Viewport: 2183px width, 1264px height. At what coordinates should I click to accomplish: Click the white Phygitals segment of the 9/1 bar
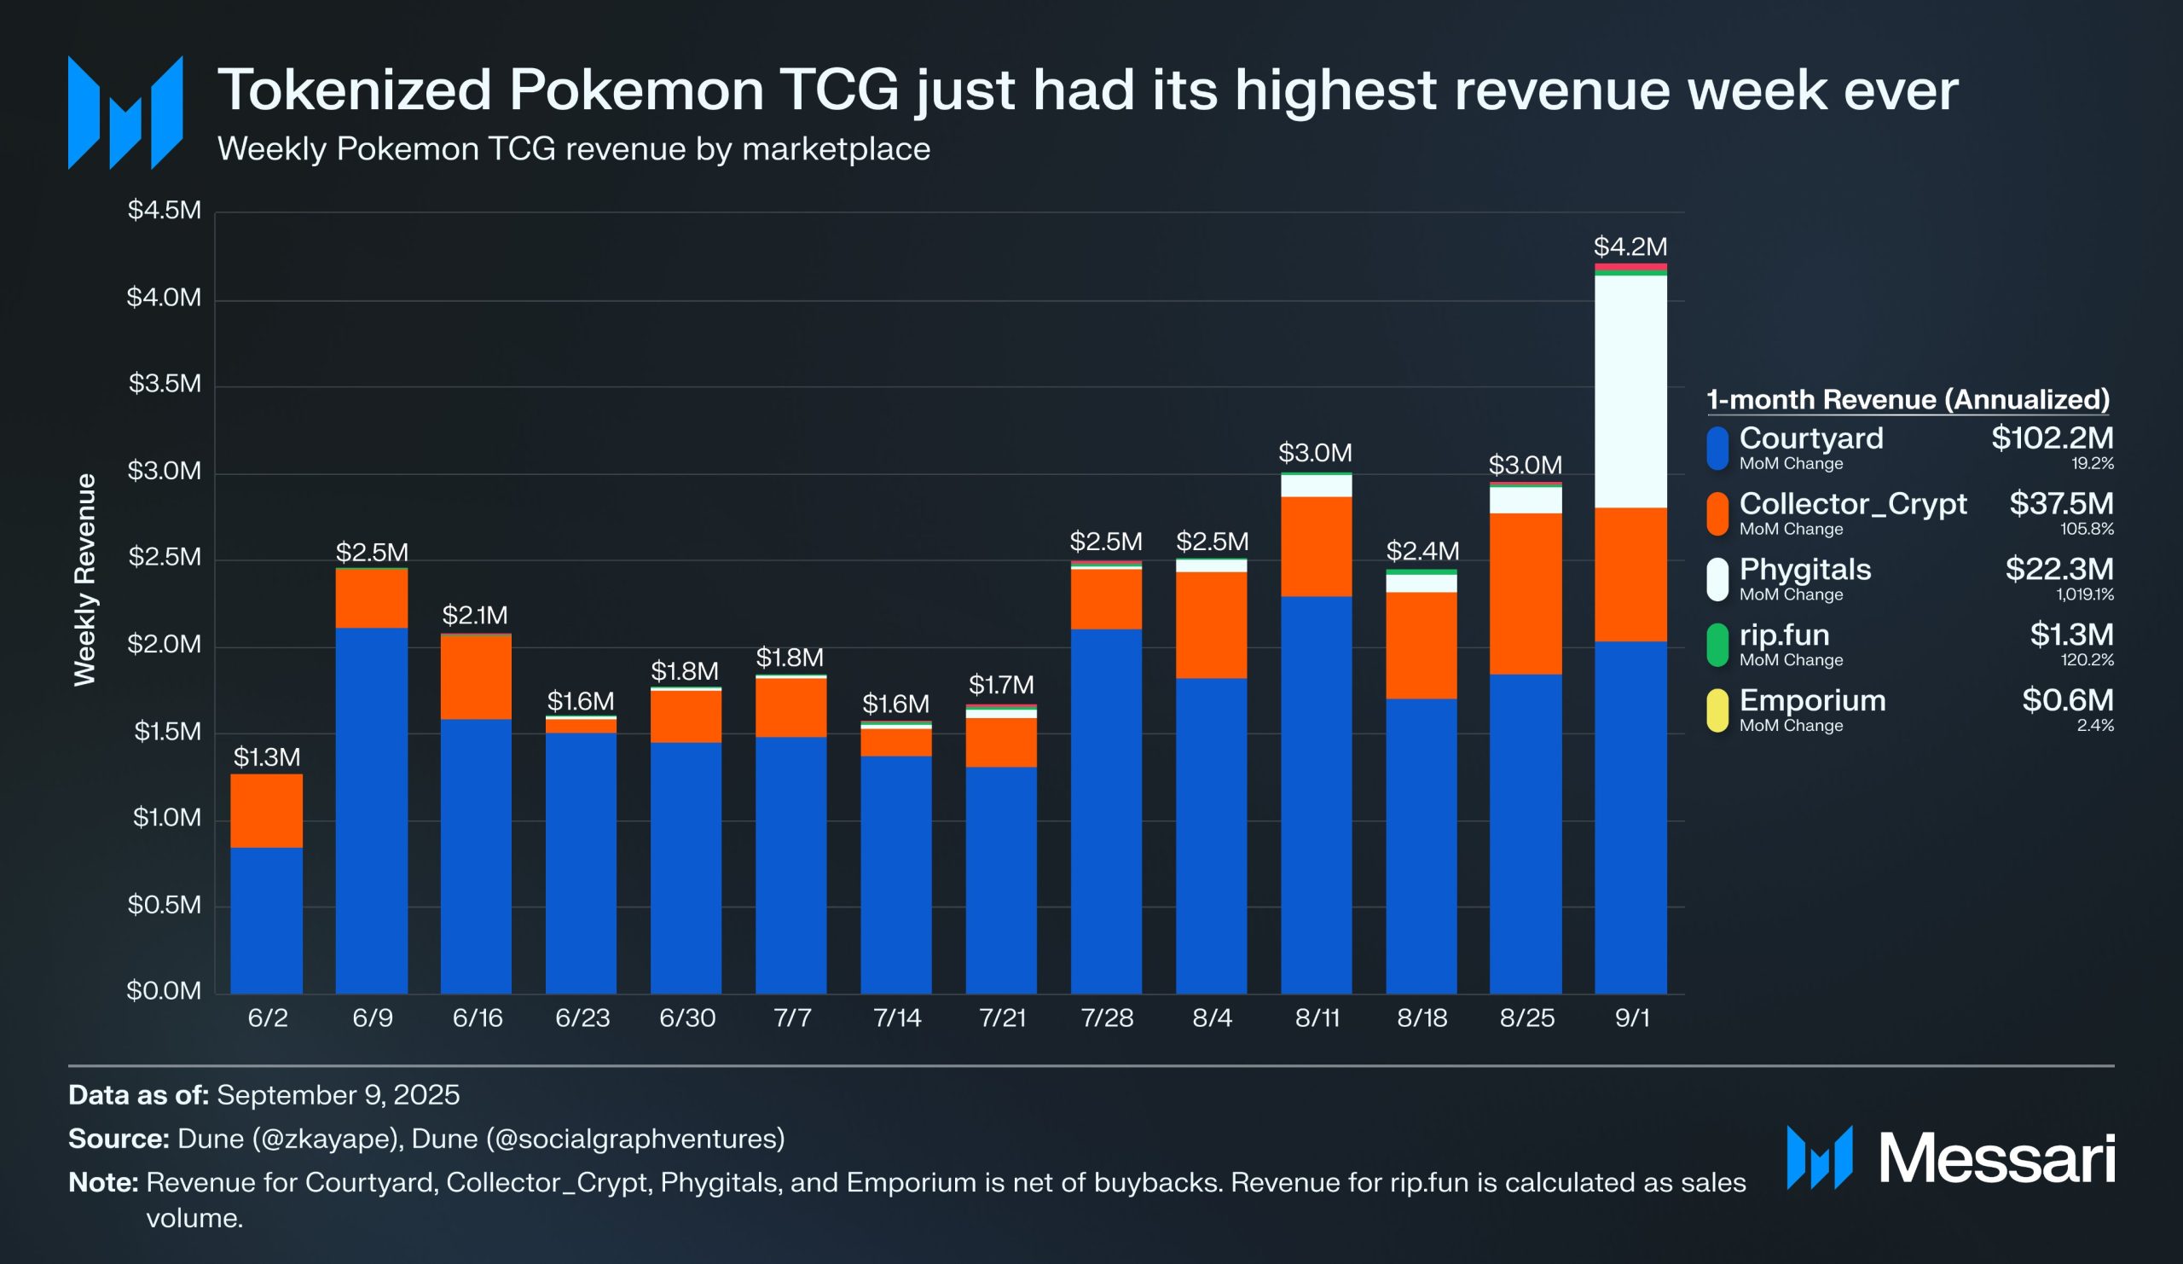pyautogui.click(x=1630, y=391)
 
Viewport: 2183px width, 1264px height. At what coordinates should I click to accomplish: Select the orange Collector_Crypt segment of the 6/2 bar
pyautogui.click(x=267, y=810)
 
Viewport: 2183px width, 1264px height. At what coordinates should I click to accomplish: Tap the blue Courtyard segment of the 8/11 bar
pyautogui.click(x=1316, y=793)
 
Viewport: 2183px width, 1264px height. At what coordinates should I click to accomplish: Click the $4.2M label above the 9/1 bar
pyautogui.click(x=1630, y=246)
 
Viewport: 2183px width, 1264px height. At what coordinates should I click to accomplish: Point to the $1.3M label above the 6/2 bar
pyautogui.click(x=267, y=757)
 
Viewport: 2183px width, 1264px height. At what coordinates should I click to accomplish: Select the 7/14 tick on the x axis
pyautogui.click(x=896, y=1018)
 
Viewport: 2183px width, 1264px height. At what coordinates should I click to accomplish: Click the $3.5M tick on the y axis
pyautogui.click(x=165, y=384)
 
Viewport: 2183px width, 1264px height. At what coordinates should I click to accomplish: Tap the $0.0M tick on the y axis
pyautogui.click(x=164, y=990)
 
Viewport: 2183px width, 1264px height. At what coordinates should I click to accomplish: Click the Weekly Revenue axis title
pyautogui.click(x=84, y=580)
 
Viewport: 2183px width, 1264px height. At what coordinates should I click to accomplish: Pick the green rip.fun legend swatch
pyautogui.click(x=1717, y=645)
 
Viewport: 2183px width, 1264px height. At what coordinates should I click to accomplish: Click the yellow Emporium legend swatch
pyautogui.click(x=1717, y=710)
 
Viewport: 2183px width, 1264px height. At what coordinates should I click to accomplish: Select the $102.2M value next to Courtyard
pyautogui.click(x=2052, y=438)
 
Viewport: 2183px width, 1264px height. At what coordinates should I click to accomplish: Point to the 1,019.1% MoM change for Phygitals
pyautogui.click(x=2084, y=594)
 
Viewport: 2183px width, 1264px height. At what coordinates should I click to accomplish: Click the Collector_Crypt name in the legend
pyautogui.click(x=1852, y=503)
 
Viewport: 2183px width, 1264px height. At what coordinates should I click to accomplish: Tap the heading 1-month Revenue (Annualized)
pyautogui.click(x=1908, y=399)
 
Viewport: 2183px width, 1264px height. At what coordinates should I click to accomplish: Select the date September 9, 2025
pyautogui.click(x=338, y=1095)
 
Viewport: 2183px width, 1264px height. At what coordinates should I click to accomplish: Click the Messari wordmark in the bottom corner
pyautogui.click(x=1996, y=1158)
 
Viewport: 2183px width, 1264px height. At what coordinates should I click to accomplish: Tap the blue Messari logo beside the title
pyautogui.click(x=125, y=113)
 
